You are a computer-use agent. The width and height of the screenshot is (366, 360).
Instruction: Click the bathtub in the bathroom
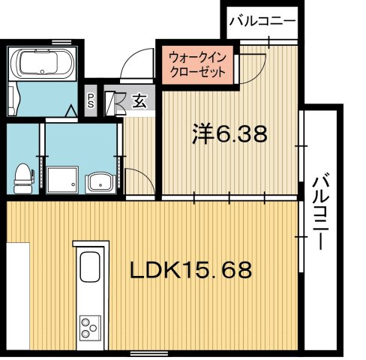pyautogui.click(x=42, y=64)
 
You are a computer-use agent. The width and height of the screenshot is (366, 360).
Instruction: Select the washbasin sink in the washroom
pyautogui.click(x=98, y=182)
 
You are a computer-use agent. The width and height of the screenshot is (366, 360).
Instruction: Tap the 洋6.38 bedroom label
pyautogui.click(x=227, y=136)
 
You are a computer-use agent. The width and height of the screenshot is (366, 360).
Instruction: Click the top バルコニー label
pyautogui.click(x=262, y=20)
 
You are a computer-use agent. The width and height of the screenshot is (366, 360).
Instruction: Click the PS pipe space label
pyautogui.click(x=91, y=99)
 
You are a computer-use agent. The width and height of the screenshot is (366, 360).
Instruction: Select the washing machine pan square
pyautogui.click(x=61, y=180)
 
